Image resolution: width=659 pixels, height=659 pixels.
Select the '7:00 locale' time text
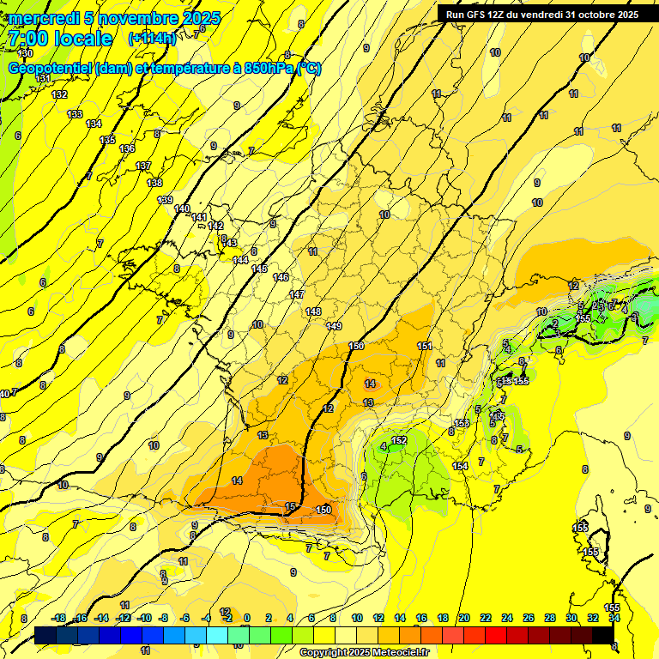[61, 39]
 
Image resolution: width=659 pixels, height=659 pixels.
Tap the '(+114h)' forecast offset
[152, 39]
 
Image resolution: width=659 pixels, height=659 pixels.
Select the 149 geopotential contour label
[334, 326]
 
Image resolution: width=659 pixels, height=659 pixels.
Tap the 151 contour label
[425, 346]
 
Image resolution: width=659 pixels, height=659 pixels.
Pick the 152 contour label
[398, 440]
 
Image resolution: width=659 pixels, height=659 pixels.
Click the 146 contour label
[281, 277]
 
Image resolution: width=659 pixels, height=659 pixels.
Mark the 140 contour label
[182, 209]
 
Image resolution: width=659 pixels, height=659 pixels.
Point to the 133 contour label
[76, 114]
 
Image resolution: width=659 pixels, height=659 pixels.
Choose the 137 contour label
[143, 166]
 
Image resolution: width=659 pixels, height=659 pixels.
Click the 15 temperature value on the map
[290, 506]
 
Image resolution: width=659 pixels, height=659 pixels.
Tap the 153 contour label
[462, 424]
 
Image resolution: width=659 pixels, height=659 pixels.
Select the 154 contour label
[460, 466]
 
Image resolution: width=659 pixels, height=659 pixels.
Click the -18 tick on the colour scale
[58, 618]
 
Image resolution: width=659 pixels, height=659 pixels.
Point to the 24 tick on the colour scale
[507, 618]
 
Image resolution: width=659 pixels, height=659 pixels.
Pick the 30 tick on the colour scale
[571, 618]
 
